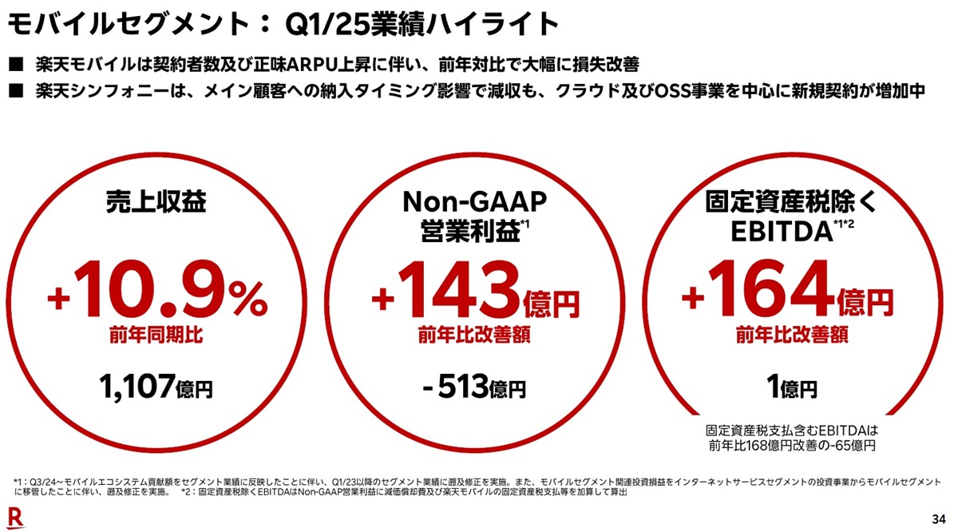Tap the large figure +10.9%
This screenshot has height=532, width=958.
[156, 297]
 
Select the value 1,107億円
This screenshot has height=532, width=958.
[156, 388]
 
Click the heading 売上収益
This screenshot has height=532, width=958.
[156, 203]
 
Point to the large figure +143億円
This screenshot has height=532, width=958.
[476, 297]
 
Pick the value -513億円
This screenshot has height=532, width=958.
[476, 388]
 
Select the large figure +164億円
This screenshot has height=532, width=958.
[787, 297]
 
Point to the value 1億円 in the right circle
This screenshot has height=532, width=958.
[790, 388]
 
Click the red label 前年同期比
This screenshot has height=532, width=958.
[156, 335]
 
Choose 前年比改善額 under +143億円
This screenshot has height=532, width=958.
[475, 335]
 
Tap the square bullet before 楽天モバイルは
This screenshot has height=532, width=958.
[14, 64]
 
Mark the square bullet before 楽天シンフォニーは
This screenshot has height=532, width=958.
[14, 90]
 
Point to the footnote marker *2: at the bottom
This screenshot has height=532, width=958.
[188, 493]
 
